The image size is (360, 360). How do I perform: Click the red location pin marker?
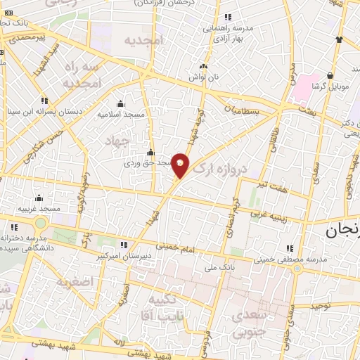click(x=181, y=165)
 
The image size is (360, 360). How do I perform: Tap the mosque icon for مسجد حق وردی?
click(x=150, y=153)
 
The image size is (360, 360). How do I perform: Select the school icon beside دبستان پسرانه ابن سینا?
click(x=45, y=101)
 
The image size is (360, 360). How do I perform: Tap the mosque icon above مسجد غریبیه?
click(x=38, y=198)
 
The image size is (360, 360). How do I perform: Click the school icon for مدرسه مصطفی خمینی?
click(x=290, y=248)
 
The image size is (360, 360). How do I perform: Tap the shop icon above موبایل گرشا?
click(x=330, y=75)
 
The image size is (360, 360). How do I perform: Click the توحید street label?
click(x=320, y=306)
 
